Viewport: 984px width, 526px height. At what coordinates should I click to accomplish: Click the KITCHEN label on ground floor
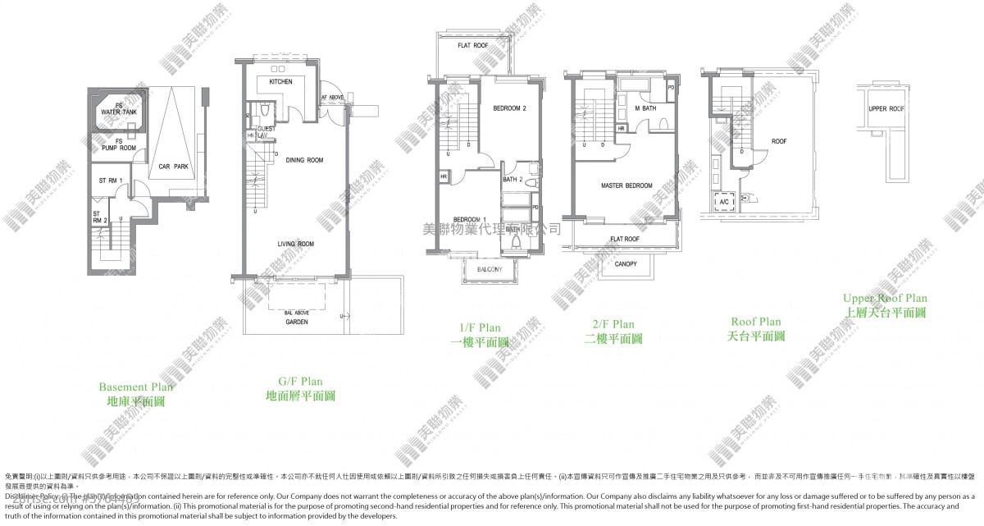281,82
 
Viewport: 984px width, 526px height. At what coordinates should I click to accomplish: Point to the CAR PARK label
173,167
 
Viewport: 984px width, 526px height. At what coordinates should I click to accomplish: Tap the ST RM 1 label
110,181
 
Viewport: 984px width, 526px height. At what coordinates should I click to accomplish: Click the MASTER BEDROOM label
626,185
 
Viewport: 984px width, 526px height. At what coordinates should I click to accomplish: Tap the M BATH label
645,108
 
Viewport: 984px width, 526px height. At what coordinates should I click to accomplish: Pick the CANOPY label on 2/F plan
625,264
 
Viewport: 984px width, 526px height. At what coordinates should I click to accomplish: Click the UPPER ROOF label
886,108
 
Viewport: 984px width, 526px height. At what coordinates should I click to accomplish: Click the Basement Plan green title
136,387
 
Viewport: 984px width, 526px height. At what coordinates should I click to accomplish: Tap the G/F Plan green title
300,382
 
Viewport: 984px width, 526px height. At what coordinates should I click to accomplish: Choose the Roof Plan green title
755,322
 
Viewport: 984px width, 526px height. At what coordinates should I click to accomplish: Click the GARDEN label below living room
296,323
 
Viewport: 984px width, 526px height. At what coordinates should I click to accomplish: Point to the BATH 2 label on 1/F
512,179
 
